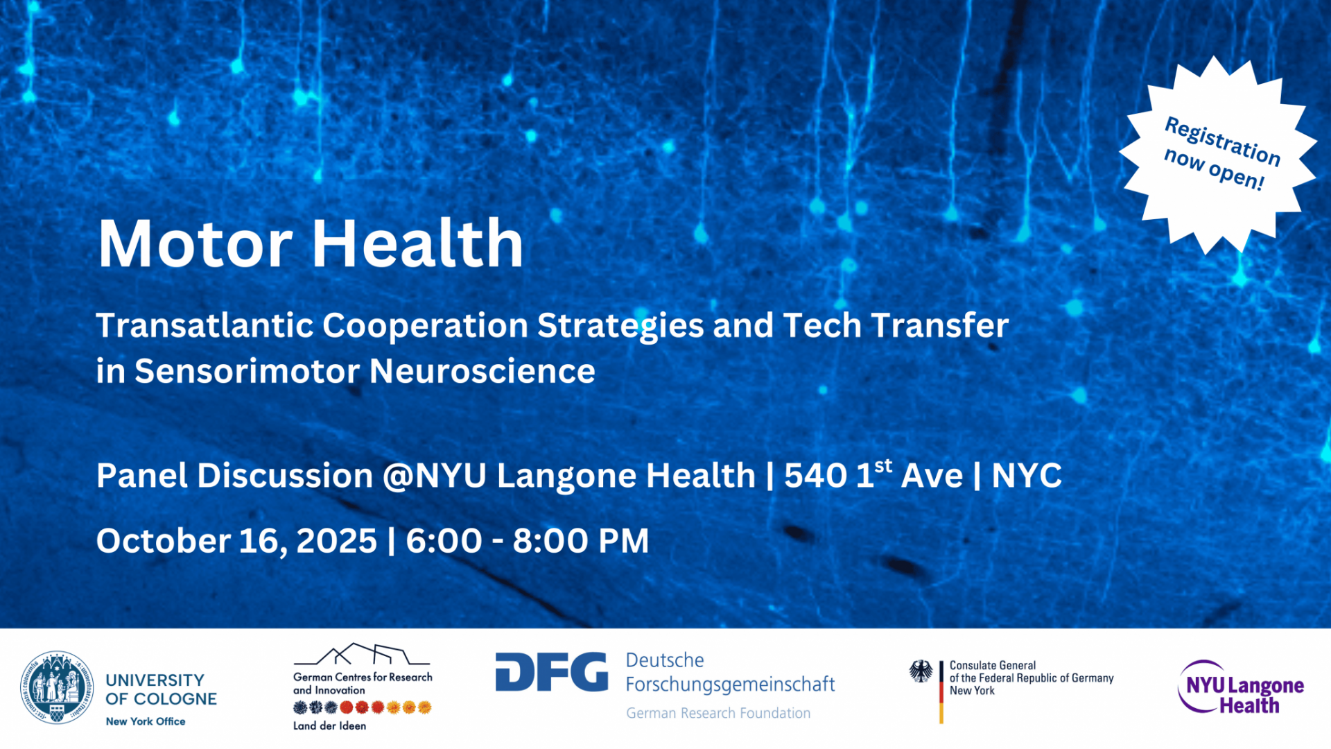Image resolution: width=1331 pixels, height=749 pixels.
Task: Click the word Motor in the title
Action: click(x=195, y=243)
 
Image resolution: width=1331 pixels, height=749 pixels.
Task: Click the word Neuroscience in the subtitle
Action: click(x=482, y=371)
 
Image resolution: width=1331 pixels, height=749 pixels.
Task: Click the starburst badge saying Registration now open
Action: click(x=1219, y=155)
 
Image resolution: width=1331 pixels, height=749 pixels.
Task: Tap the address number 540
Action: click(x=815, y=476)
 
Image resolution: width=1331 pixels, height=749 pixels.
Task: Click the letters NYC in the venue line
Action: click(x=1027, y=476)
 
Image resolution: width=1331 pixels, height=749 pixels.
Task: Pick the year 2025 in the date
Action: click(x=337, y=541)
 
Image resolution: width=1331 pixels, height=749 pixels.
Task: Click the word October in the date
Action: click(x=164, y=541)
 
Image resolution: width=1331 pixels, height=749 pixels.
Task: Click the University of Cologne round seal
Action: click(x=57, y=687)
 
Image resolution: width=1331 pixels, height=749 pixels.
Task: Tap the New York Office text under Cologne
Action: click(x=146, y=721)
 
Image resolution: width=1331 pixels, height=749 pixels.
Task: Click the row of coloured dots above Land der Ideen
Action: click(x=363, y=707)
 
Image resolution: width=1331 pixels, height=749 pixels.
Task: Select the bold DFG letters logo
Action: click(x=552, y=671)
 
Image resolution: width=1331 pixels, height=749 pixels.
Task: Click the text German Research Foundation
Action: click(x=718, y=713)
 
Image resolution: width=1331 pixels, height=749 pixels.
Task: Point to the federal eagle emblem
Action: click(x=921, y=671)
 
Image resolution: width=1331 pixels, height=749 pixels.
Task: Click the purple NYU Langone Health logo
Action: click(x=1241, y=687)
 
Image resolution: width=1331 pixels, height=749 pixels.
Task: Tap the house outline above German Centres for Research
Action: click(x=362, y=654)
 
